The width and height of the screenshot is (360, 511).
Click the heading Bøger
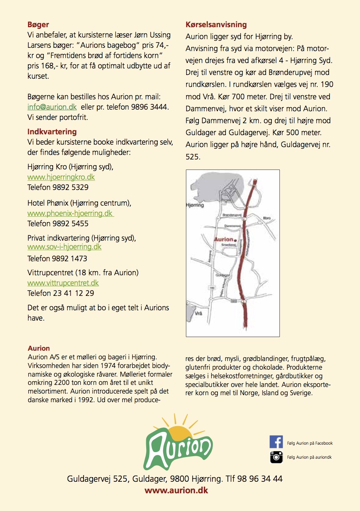pos(38,25)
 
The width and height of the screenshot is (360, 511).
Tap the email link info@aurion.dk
pos(52,107)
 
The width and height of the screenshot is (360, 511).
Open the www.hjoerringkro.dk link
pos(61,177)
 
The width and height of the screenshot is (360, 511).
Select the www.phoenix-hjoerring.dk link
pos(70,214)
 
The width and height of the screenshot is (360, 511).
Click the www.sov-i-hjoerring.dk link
pos(64,247)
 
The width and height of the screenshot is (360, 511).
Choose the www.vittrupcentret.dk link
pos(63,283)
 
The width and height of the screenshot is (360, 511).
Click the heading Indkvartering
pos(52,132)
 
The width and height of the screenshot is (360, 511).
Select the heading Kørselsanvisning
pos(216,25)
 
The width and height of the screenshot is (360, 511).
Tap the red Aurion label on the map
pos(223,239)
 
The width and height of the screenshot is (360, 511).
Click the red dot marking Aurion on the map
pos(235,239)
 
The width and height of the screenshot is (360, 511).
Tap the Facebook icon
pos(276,442)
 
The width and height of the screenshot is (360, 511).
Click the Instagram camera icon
pos(276,457)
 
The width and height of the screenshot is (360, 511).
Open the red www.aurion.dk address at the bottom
pos(176,490)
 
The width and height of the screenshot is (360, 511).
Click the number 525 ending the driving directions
pos(192,157)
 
